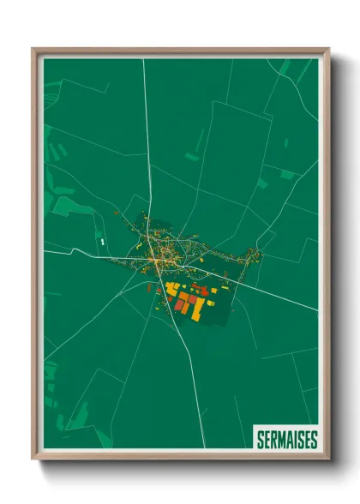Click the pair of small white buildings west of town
coord(102,243)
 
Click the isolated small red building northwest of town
coord(115,212)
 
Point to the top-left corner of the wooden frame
coord(33,50)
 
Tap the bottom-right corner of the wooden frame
coord(328,459)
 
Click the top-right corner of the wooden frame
coord(328,50)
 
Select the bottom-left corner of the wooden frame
coord(33,459)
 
